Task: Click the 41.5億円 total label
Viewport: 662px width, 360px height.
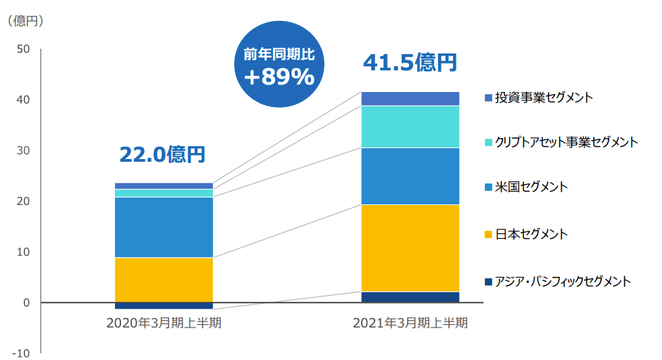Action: click(410, 63)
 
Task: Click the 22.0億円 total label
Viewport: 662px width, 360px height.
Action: click(162, 155)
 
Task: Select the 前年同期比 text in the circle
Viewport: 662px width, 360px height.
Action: click(279, 53)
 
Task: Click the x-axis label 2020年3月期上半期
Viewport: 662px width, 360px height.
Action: click(164, 322)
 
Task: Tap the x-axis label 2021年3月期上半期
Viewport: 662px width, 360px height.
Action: click(410, 322)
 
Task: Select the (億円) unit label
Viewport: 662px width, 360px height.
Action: click(26, 21)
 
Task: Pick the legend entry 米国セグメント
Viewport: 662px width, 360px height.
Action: click(531, 187)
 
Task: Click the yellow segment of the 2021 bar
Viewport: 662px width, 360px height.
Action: click(410, 248)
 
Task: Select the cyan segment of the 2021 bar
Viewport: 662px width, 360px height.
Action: click(410, 127)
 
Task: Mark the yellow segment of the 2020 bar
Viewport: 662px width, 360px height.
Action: click(164, 279)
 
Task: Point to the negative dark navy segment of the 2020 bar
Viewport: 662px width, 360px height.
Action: click(164, 306)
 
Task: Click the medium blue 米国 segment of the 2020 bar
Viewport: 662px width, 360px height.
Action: click(164, 227)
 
